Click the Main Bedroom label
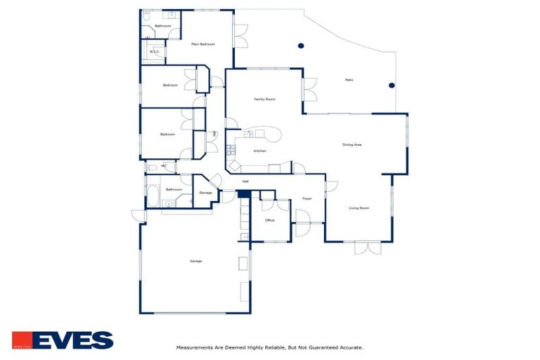[x=202, y=44]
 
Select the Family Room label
[x=264, y=99]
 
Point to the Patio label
[x=349, y=79]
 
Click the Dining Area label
[x=352, y=145]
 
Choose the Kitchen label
[x=259, y=151]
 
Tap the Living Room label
[x=359, y=208]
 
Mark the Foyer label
[x=307, y=199]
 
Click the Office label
[x=269, y=220]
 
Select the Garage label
[x=195, y=261]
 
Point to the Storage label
[x=205, y=193]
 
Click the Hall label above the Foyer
[x=245, y=182]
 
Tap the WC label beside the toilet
[x=164, y=166]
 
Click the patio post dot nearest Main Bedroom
[x=301, y=46]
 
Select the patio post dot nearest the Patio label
[x=392, y=86]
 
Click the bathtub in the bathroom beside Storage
[x=153, y=195]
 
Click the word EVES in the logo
[x=72, y=341]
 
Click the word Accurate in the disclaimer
[x=349, y=347]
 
